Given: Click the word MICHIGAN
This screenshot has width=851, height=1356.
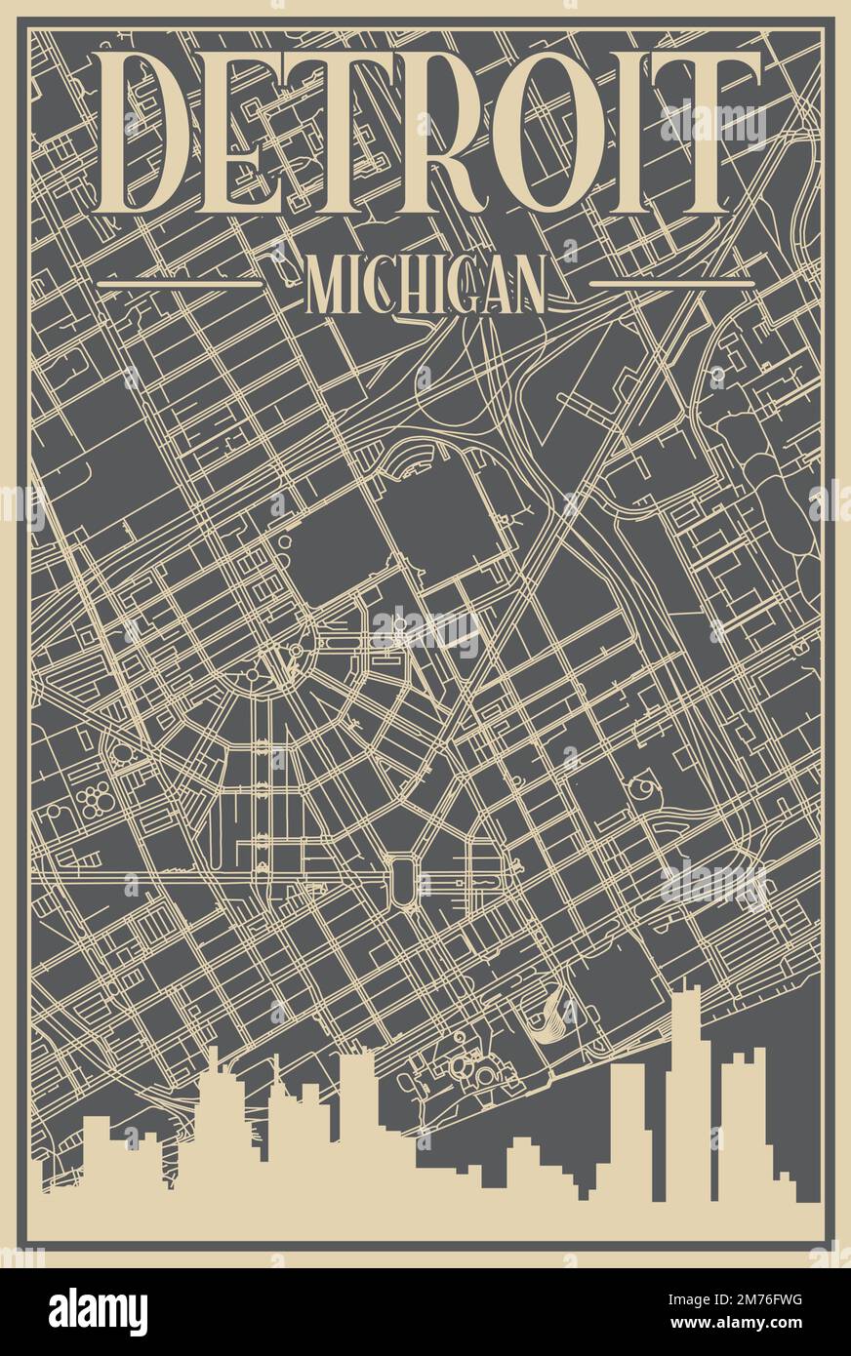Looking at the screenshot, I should (x=425, y=285).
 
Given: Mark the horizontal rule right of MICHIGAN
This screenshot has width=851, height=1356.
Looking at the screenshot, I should (x=672, y=284).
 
